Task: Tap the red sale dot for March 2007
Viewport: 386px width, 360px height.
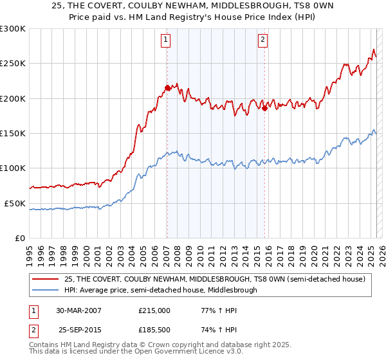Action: click(167, 87)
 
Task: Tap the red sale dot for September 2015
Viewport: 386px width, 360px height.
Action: click(264, 108)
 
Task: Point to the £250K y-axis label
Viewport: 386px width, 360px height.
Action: click(13, 64)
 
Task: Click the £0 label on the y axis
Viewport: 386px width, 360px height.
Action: click(20, 238)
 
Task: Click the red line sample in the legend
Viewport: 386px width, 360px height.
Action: click(45, 279)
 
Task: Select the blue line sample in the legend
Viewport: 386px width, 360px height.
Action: click(45, 290)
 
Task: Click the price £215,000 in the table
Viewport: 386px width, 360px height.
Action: click(154, 310)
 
